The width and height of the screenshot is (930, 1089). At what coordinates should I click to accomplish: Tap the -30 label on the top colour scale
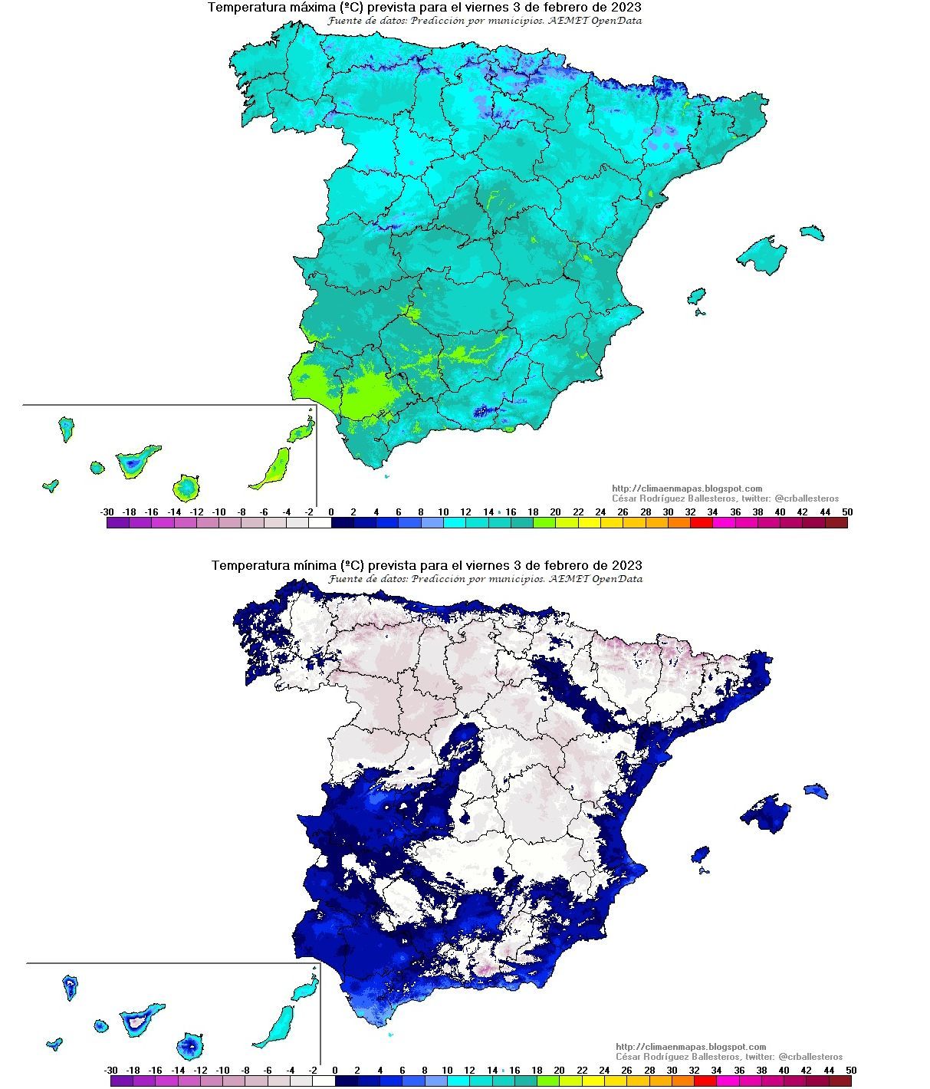tap(107, 512)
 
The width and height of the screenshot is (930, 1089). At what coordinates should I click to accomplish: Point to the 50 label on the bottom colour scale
tap(850, 1070)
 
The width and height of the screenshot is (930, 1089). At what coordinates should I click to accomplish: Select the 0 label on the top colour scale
tap(331, 512)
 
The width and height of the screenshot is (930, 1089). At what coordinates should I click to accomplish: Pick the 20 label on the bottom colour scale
tap(559, 1070)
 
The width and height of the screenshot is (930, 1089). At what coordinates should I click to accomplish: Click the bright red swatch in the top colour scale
tap(701, 523)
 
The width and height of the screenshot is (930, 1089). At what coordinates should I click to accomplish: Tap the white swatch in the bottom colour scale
tap(324, 1081)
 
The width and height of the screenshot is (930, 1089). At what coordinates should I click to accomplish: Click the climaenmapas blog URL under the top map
tap(687, 489)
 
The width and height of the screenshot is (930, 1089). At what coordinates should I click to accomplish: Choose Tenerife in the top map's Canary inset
tap(136, 462)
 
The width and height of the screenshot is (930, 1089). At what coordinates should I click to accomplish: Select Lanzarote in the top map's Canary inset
tap(302, 431)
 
